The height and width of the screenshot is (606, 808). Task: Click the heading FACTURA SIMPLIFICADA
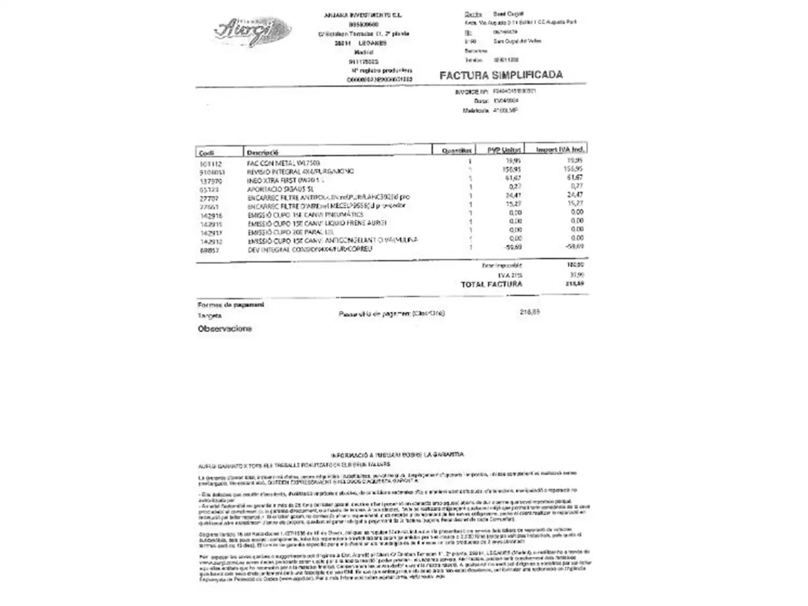pyautogui.click(x=501, y=75)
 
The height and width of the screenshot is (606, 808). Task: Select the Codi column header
pyautogui.click(x=206, y=153)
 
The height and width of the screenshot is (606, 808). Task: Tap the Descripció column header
pyautogui.click(x=263, y=152)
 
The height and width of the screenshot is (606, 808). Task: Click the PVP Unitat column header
pyautogui.click(x=503, y=150)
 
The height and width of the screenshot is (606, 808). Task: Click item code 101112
pyautogui.click(x=211, y=164)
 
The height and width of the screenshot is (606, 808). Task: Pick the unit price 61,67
pyautogui.click(x=513, y=178)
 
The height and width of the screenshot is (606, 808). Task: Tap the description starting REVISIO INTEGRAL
pyautogui.click(x=300, y=172)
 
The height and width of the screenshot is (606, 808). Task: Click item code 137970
pyautogui.click(x=211, y=181)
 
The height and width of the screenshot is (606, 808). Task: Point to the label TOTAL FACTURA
pyautogui.click(x=491, y=284)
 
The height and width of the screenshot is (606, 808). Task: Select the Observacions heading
pyautogui.click(x=224, y=329)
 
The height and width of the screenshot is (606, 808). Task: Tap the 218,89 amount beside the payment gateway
pyautogui.click(x=530, y=311)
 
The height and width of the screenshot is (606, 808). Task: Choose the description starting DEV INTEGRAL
pyautogui.click(x=309, y=249)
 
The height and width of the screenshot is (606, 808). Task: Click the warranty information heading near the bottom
pyautogui.click(x=397, y=454)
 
